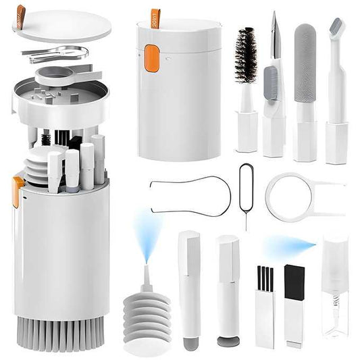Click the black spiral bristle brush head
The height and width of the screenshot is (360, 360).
(245, 55)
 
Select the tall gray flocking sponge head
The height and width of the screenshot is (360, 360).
(305, 53)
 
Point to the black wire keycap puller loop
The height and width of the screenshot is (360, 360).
(190, 195)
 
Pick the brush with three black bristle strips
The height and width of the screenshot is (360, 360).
(264, 280)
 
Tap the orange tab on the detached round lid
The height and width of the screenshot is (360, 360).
(21, 12)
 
